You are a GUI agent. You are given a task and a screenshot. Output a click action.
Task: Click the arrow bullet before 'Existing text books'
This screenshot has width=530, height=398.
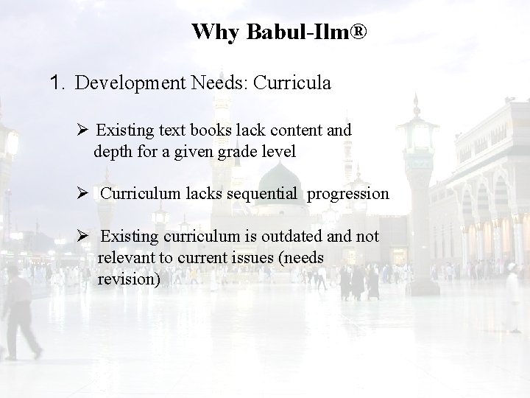click(x=82, y=130)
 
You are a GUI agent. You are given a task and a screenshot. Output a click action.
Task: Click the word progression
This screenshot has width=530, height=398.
click(x=347, y=195)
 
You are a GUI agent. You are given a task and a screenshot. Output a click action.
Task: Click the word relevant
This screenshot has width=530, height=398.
click(x=125, y=258)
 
